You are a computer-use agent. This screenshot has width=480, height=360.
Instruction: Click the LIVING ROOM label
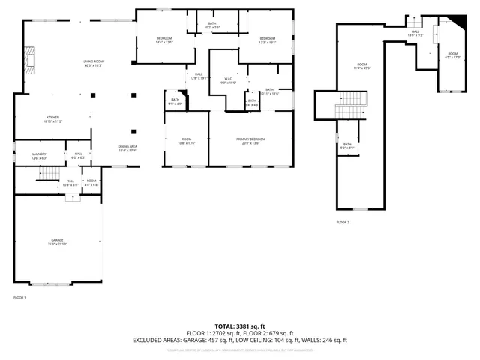[93, 64]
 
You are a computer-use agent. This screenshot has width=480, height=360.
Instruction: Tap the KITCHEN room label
[52, 118]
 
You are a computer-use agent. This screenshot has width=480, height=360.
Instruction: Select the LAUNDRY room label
[39, 155]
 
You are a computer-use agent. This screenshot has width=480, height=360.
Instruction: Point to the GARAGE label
[58, 241]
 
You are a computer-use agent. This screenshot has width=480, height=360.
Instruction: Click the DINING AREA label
[127, 148]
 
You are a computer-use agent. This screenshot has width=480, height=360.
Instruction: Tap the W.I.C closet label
[229, 80]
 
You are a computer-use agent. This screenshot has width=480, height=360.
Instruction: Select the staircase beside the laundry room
[49, 174]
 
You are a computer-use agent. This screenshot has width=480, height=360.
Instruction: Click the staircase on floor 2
[352, 105]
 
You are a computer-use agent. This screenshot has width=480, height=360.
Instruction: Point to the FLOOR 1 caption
[19, 298]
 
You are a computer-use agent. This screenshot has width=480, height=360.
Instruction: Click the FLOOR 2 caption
[343, 223]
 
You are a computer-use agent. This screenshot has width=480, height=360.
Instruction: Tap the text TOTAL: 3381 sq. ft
[240, 326]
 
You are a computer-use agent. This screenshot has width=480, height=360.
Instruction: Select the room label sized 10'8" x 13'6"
[186, 141]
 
